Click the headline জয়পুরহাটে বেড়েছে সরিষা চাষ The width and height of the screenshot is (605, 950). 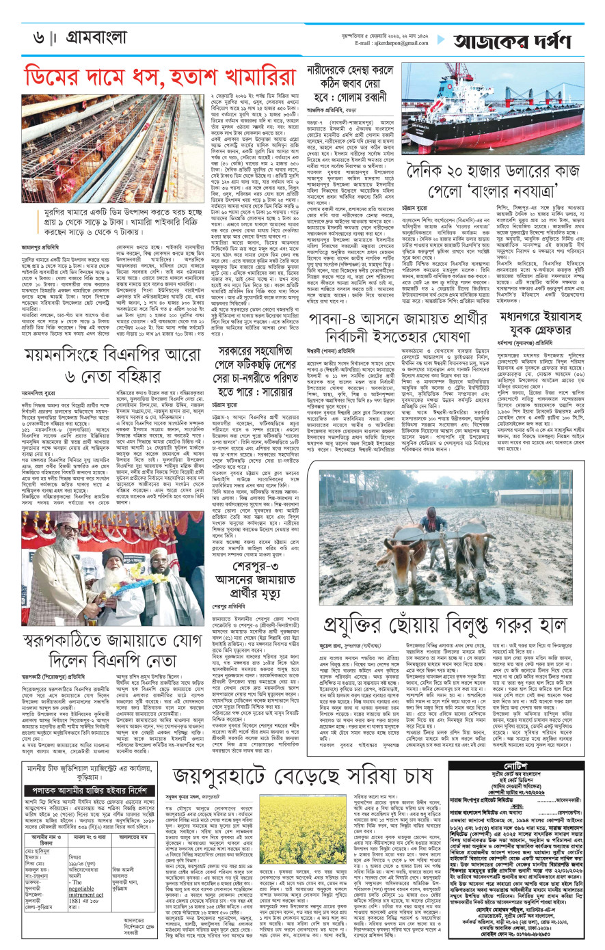tap(305, 776)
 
